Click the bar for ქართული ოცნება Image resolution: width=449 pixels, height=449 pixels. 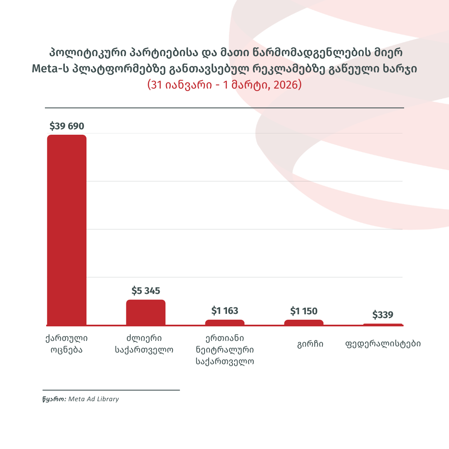coord(67,229)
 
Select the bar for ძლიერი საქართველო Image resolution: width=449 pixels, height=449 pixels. coord(146,312)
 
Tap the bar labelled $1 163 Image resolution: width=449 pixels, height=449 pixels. coord(224,322)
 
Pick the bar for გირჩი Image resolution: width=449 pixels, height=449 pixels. coord(303,322)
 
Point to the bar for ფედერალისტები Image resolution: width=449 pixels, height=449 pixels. coord(382,324)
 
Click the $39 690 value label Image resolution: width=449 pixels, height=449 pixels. coord(67,126)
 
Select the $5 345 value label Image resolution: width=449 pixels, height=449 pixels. coord(146,291)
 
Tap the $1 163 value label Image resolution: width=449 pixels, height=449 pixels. coord(224,311)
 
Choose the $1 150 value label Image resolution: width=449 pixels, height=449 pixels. coord(303,311)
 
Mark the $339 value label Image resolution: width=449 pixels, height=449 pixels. coord(382,315)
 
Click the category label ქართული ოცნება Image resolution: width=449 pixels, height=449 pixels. coord(67,343)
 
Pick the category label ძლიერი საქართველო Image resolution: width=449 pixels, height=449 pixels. coord(144,343)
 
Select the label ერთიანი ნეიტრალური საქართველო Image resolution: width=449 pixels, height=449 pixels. coord(224,349)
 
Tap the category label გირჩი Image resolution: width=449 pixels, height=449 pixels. coord(310,344)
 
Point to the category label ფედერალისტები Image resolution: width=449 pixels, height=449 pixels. coord(382,344)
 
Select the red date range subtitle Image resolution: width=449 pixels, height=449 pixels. coord(224,85)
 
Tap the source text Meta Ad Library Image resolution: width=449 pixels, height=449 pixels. coord(94,399)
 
